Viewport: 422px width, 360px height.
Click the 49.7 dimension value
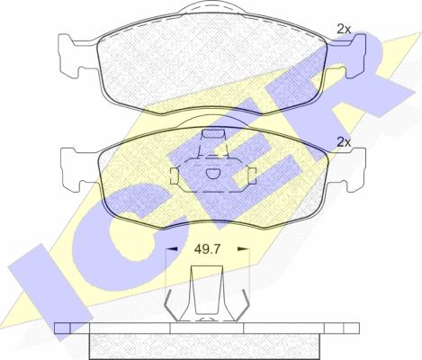coord(207,249)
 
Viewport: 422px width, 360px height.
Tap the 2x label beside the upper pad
coord(344,29)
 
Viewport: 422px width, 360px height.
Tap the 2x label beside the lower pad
coord(344,142)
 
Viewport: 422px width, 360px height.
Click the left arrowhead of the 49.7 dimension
coord(172,248)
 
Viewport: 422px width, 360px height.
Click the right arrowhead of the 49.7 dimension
coord(243,248)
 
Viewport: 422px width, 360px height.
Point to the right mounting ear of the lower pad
coord(348,169)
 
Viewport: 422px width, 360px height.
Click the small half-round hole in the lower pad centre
coord(213,174)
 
